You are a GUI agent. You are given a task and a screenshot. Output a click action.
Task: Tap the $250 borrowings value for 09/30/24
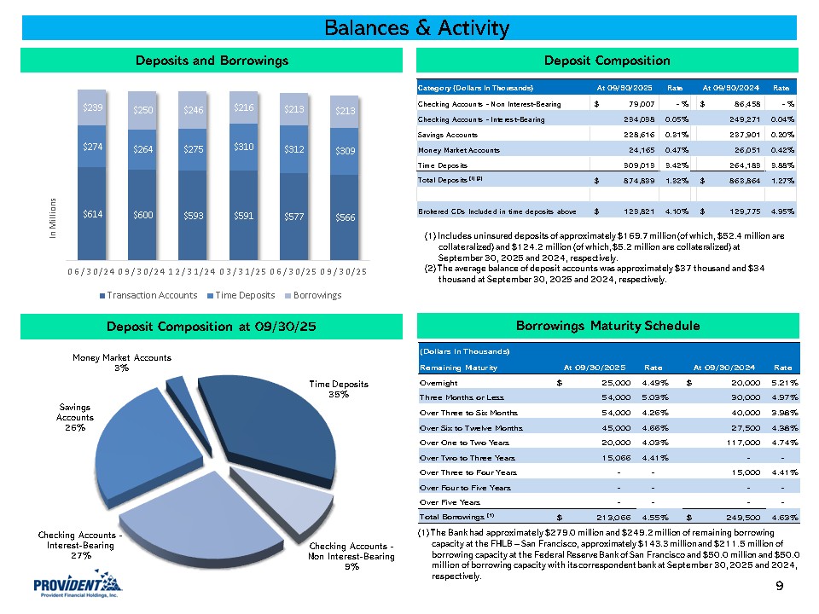142,110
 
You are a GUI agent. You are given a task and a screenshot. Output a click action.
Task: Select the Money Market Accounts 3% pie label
121,362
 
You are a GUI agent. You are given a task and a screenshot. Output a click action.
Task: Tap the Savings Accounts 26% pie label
75,417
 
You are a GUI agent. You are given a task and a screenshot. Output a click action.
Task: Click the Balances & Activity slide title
416,28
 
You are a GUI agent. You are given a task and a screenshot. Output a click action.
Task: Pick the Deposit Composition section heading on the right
607,61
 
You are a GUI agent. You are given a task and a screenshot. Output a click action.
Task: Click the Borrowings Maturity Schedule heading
607,326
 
